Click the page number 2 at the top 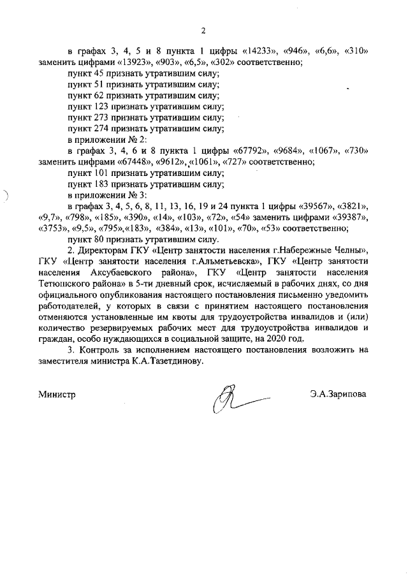203,30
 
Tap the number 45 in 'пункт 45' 98,73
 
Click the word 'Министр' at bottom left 57,395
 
